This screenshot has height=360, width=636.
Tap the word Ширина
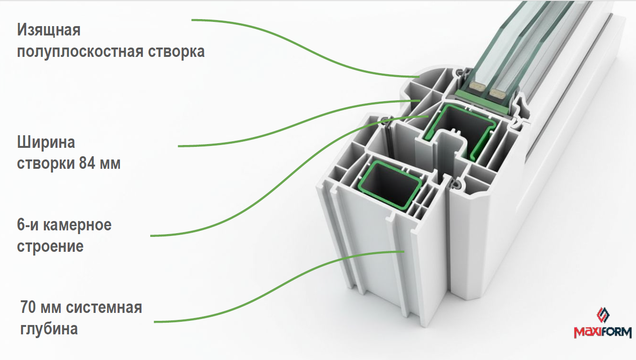46,143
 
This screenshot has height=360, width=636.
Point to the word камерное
77,225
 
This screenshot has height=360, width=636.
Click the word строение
50,247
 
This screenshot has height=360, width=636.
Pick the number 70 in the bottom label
28,307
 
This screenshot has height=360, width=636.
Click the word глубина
49,329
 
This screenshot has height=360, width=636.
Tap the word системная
104,308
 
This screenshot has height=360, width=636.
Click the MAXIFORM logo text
603,332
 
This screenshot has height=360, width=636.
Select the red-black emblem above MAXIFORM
603,315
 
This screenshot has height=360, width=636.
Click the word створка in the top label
176,52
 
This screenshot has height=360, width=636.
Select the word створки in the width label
46,164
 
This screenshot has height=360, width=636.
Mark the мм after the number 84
110,165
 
